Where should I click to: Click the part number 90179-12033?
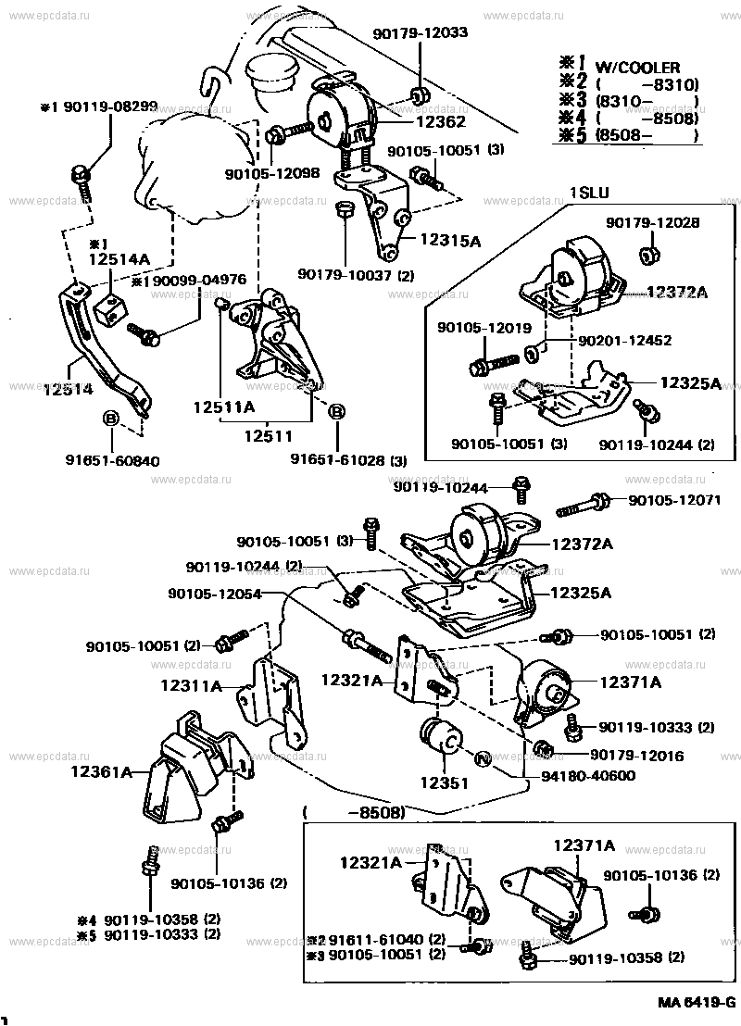pyautogui.click(x=421, y=32)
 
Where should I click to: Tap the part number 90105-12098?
pyautogui.click(x=271, y=173)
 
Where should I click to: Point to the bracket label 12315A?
pyautogui.click(x=449, y=241)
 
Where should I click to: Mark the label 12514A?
pyautogui.click(x=119, y=262)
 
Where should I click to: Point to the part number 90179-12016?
pyautogui.click(x=635, y=756)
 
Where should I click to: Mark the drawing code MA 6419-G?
pyautogui.click(x=697, y=1003)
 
